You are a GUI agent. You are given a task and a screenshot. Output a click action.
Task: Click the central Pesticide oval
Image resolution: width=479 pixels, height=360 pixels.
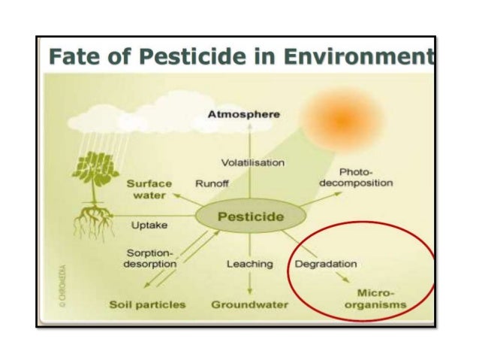point(250,217)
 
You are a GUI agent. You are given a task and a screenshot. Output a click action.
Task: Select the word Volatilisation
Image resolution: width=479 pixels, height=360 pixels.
point(253,162)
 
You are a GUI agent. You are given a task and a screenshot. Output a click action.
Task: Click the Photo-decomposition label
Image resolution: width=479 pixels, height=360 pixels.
point(356,177)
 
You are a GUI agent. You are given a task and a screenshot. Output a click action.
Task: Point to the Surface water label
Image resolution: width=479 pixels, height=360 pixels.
point(149,189)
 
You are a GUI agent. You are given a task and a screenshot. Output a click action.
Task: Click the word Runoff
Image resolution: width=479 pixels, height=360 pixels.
point(211,183)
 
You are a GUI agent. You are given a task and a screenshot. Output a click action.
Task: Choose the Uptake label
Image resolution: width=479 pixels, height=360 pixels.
point(149,225)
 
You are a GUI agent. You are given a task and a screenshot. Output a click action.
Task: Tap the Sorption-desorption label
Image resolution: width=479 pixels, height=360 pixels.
point(149,259)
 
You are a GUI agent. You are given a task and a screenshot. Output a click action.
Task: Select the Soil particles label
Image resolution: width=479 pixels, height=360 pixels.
point(147,304)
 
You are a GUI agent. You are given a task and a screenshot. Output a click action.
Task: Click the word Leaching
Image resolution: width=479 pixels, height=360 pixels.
point(249,264)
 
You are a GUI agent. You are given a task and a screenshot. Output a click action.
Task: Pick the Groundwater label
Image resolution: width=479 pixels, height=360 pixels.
point(250,304)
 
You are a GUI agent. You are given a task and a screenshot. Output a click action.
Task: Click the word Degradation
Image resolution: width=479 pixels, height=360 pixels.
point(325,264)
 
